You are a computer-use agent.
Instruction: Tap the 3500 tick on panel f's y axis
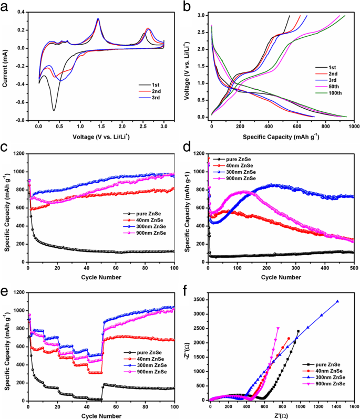tap(200, 299)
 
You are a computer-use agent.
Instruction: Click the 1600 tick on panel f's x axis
tap(354, 406)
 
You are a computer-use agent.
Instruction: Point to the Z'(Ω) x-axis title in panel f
tap(281, 415)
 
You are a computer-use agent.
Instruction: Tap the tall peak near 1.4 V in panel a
tap(98, 19)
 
